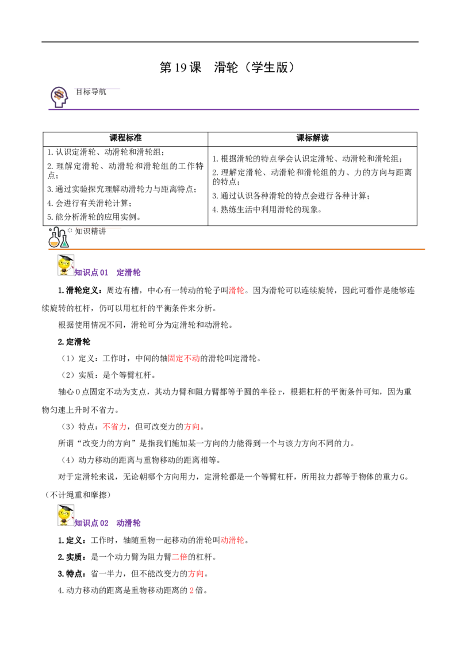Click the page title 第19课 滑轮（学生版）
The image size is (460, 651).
228,67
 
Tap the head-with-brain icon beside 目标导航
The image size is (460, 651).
59,97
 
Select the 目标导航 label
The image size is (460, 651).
90,92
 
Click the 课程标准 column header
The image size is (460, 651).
125,138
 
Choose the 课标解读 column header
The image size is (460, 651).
312,138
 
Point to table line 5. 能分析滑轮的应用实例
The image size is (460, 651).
94,217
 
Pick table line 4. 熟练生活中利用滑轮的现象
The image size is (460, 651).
267,210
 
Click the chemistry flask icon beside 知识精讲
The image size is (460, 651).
59,238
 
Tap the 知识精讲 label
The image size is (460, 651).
90,231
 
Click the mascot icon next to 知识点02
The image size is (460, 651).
66,516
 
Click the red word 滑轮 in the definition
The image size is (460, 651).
236,290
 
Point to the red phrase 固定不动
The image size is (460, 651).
184,358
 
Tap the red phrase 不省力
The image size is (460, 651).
114,427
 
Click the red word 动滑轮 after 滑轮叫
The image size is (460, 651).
232,540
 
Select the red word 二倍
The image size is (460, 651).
180,557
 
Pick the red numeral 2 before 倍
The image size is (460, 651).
191,591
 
